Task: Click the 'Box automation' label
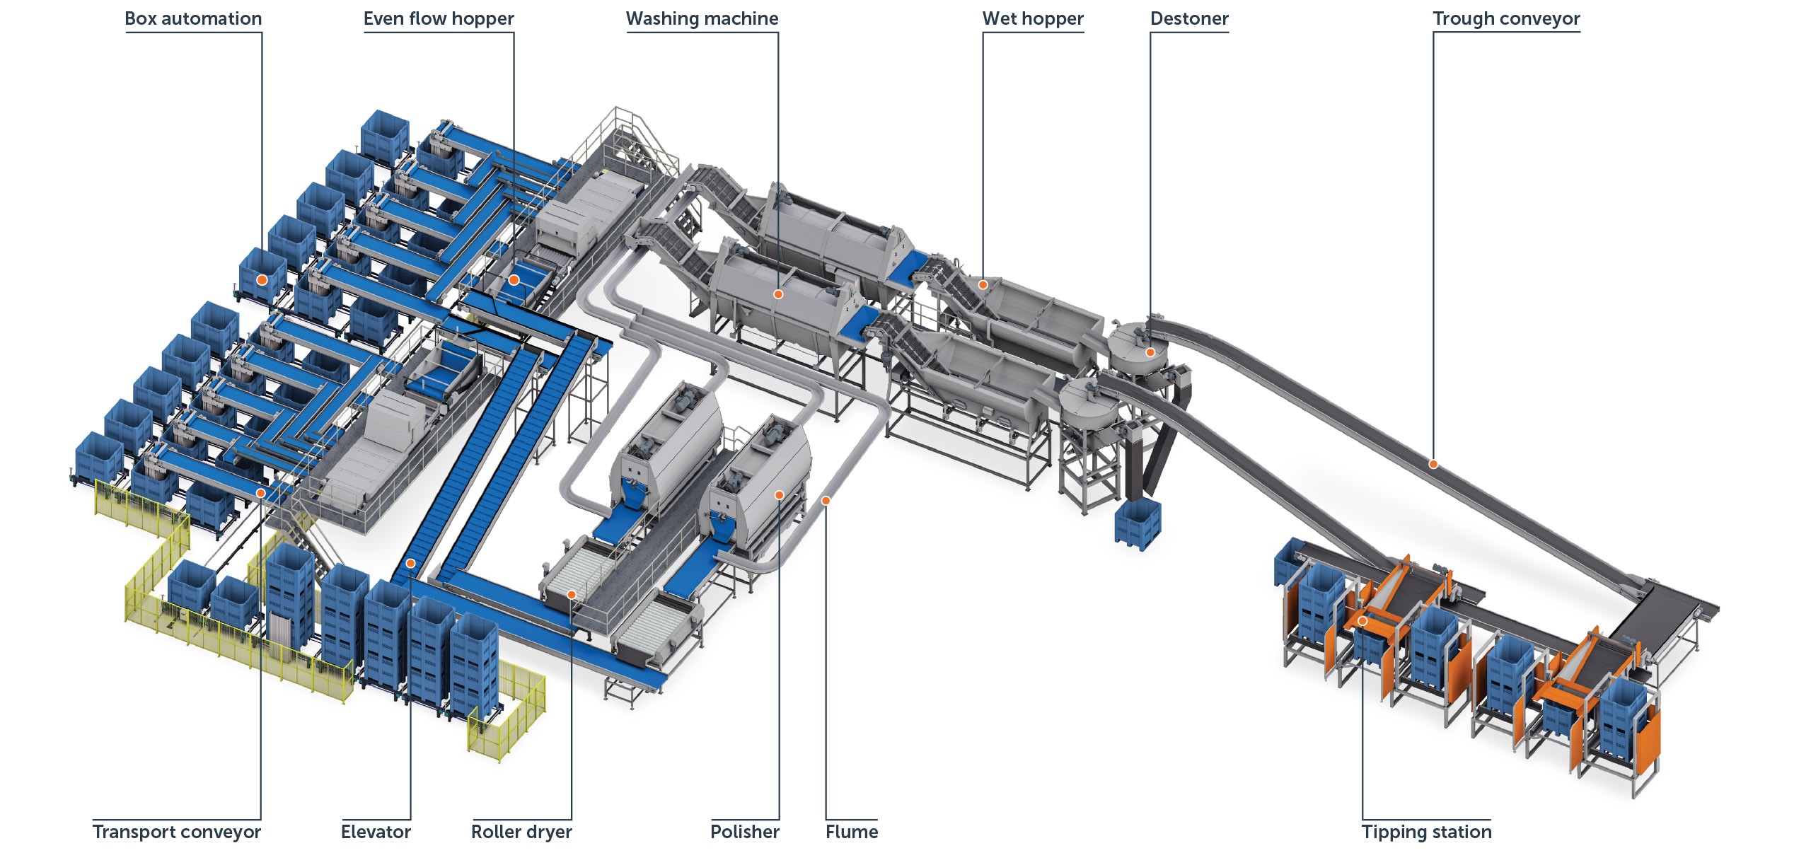coord(193,18)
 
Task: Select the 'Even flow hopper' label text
coord(439,18)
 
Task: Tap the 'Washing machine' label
coord(702,18)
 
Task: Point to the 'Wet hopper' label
coord(1033,18)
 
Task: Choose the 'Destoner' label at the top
coord(1189,18)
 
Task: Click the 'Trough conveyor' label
coord(1506,18)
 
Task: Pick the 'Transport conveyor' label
coord(177,832)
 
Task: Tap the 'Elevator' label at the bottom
coord(376,832)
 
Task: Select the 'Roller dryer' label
coord(521,832)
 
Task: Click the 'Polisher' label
coord(745,832)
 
